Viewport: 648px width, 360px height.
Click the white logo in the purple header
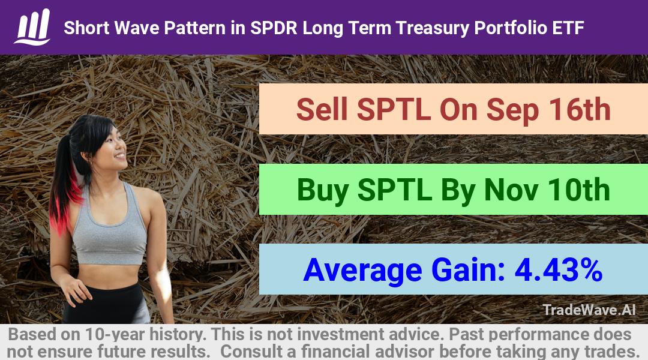tap(32, 27)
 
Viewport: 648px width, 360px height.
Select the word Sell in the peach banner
tap(322, 110)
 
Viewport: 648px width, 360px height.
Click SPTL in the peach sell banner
tap(394, 110)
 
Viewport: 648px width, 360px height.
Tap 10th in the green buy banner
tap(578, 190)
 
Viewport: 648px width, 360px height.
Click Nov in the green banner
tap(511, 190)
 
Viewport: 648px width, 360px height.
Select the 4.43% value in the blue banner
tap(559, 270)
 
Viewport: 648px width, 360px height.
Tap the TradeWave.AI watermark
tap(589, 310)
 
